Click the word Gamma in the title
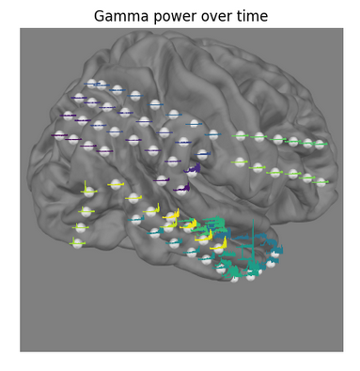pyautogui.click(x=117, y=16)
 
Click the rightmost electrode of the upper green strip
pyautogui.click(x=320, y=144)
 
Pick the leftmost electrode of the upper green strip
pyautogui.click(x=242, y=136)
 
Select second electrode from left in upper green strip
pyautogui.click(x=260, y=137)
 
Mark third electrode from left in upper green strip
pyautogui.click(x=277, y=139)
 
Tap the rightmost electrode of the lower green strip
pyautogui.click(x=321, y=181)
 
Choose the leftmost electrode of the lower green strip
pyautogui.click(x=241, y=162)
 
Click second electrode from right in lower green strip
pyautogui.click(x=307, y=178)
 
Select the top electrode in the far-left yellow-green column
pyautogui.click(x=87, y=192)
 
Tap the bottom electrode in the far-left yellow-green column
pyautogui.click(x=77, y=243)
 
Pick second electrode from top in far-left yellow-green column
pyautogui.click(x=86, y=210)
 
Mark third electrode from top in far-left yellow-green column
pyautogui.click(x=81, y=227)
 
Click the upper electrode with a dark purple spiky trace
pyautogui.click(x=193, y=170)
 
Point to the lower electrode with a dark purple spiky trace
pyautogui.click(x=180, y=188)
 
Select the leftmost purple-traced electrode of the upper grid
pyautogui.click(x=60, y=135)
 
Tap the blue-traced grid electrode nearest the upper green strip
pyautogui.click(x=213, y=134)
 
